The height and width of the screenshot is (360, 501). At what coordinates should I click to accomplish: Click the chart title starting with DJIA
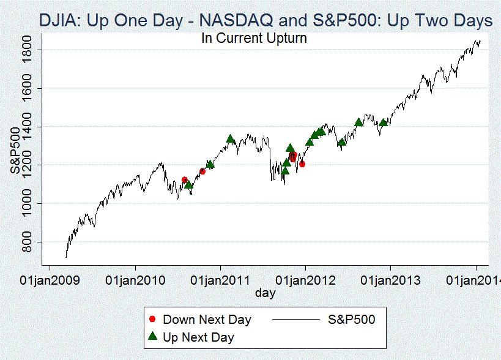pyautogui.click(x=265, y=21)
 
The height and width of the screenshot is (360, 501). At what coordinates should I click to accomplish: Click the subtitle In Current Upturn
pyautogui.click(x=254, y=38)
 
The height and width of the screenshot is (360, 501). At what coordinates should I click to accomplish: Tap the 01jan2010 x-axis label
pyautogui.click(x=135, y=280)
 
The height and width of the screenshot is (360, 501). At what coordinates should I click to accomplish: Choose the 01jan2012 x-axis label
pyautogui.click(x=305, y=280)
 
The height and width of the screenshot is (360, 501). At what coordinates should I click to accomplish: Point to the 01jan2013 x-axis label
pyautogui.click(x=391, y=280)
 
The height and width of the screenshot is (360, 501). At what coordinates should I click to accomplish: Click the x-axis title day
pyautogui.click(x=265, y=293)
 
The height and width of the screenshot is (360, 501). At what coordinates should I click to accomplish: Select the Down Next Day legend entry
pyautogui.click(x=207, y=320)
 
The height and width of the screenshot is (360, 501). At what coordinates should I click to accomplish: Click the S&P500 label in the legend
pyautogui.click(x=351, y=320)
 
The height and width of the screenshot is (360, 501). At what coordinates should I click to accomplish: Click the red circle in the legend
pyautogui.click(x=152, y=320)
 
